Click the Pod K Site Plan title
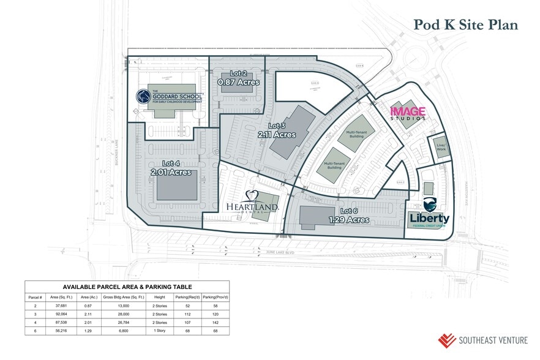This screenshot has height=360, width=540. (x=465, y=24)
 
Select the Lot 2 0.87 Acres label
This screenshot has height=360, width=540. (x=239, y=78)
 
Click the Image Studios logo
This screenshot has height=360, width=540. (x=408, y=113)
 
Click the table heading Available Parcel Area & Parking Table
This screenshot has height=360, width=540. (x=127, y=287)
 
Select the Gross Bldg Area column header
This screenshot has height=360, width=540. (x=124, y=297)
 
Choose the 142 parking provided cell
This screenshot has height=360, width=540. (x=214, y=323)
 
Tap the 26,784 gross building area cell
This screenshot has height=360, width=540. (x=124, y=323)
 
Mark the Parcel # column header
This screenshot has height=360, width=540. (x=34, y=297)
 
